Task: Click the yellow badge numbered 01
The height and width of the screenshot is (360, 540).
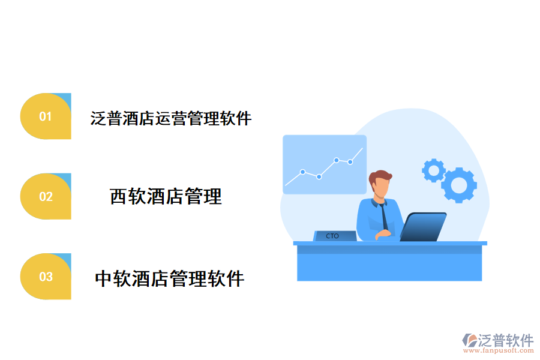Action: point(46,116)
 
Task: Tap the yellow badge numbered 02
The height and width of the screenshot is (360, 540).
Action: point(46,197)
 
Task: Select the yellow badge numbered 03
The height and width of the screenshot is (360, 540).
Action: point(46,277)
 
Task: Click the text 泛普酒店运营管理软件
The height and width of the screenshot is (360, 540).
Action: point(171,118)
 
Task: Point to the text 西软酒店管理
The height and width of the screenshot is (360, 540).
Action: point(166,196)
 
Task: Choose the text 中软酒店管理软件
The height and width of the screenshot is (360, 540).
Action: point(170,278)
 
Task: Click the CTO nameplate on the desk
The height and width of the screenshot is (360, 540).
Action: point(333,236)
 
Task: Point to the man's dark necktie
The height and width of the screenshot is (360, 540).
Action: point(382,216)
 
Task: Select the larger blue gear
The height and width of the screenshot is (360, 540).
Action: point(459,185)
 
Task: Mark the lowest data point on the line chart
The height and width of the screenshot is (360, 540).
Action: point(319,176)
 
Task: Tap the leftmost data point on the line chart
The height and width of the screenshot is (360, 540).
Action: point(303,172)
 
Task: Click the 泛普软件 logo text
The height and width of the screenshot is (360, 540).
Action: point(506,341)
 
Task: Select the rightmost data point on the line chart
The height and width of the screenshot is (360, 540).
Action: point(350,161)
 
